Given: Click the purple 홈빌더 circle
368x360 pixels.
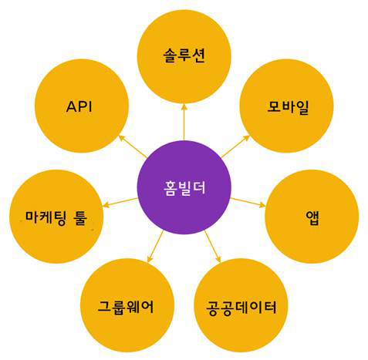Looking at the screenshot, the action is coord(184,187).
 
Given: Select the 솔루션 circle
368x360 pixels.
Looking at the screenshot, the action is coord(184,56).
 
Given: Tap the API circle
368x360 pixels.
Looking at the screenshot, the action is coord(82,106).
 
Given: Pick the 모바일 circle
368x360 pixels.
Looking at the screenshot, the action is coord(286,106).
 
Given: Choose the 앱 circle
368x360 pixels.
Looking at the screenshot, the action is coord(312,217).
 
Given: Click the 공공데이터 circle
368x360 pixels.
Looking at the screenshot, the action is coord(241,305).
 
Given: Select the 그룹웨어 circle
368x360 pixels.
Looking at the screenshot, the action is coord(127,305).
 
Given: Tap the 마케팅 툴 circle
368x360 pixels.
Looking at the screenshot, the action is coord(56,217).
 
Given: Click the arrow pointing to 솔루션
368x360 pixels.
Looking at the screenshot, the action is coord(184,122).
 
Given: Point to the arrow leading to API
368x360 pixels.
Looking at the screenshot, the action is coord(133,146).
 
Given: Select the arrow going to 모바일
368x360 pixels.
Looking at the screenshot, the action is coord(235,146).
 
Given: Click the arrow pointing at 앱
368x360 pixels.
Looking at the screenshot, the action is coord(248,203).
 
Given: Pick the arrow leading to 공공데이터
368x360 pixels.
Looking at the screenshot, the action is coord(213,247).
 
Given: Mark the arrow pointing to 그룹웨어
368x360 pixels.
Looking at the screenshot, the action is coord(156,247).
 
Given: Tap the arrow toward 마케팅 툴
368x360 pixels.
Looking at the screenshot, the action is coord(120,203).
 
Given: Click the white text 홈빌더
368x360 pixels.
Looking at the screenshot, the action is coord(184,188).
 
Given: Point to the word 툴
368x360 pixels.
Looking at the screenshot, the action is coord(81,218).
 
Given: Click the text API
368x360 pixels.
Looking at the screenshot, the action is coord(79,106).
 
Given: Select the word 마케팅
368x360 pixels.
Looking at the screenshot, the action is coord(46,218).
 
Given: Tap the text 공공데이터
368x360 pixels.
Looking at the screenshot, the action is coord(241,308).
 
